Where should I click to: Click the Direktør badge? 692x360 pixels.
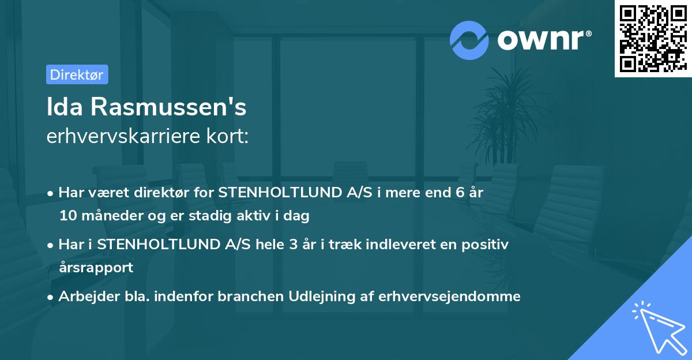tap(77, 74)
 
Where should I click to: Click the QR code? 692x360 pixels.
tap(653, 38)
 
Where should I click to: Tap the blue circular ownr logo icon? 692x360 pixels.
tap(469, 40)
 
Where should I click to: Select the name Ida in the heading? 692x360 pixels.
tap(64, 108)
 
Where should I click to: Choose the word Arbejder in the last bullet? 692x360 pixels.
tap(83, 297)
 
